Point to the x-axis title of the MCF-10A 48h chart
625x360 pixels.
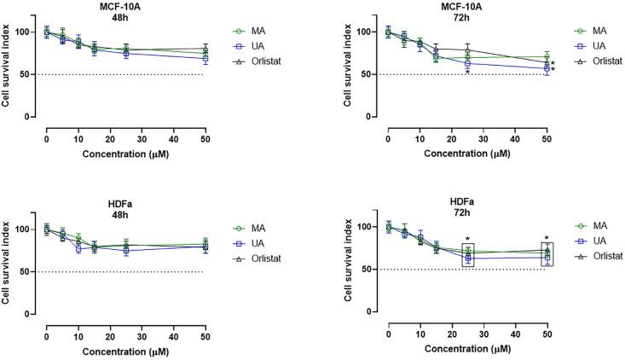point(124,154)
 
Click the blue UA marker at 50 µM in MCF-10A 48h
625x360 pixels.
point(205,59)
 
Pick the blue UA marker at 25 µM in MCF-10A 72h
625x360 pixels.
point(467,63)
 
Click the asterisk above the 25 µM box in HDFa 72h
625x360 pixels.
point(467,240)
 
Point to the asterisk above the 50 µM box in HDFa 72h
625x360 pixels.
point(547,239)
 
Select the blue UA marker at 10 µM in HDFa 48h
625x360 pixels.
point(78,248)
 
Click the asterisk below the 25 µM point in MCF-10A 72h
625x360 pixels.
point(467,73)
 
